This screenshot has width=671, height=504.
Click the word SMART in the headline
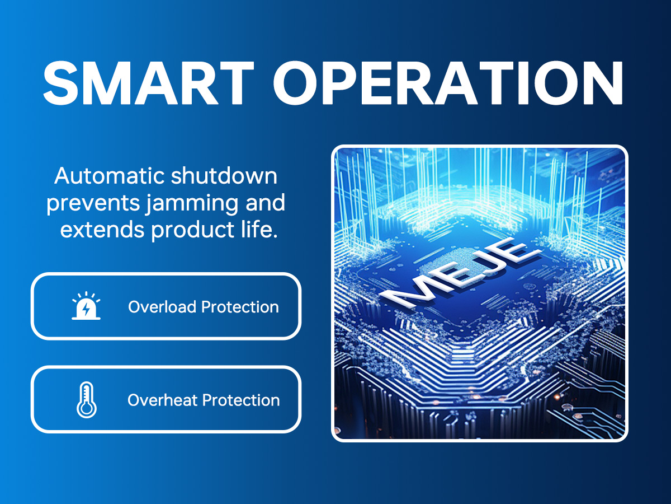click(149, 83)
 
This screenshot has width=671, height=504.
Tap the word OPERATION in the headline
click(448, 83)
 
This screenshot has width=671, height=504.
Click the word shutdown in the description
click(224, 176)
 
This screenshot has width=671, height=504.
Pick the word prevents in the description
click(93, 203)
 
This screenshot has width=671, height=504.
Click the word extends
click(102, 230)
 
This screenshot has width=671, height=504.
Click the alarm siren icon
click(86, 306)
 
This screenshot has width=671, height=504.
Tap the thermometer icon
click(87, 400)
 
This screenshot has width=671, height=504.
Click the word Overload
click(162, 307)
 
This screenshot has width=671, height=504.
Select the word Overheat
click(162, 400)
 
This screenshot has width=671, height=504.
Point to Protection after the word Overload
click(240, 307)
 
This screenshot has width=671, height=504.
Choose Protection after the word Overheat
click(241, 400)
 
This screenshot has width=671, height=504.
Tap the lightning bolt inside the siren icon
click(87, 309)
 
